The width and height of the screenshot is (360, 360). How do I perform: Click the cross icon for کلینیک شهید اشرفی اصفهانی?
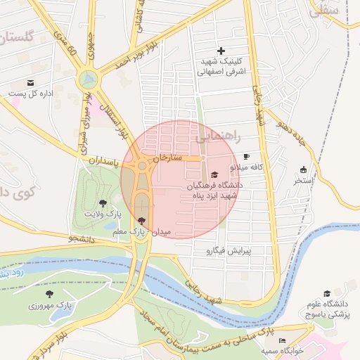click(221, 51)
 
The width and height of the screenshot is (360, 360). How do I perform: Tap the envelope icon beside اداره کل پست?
click(13, 92)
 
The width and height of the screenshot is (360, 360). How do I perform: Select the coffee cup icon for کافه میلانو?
click(246, 156)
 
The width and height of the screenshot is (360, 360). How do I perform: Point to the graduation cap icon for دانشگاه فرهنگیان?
click(214, 174)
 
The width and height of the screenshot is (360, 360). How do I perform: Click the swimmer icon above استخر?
click(303, 169)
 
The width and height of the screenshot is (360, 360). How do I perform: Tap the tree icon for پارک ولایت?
click(103, 202)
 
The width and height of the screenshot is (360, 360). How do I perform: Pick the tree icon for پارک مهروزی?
click(49, 294)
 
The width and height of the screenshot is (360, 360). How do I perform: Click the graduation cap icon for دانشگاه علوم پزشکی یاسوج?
click(327, 293)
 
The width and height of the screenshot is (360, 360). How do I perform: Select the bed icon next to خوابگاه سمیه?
click(283, 341)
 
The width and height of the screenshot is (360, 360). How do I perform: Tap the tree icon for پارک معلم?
click(142, 221)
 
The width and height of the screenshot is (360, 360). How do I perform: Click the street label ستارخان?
click(167, 156)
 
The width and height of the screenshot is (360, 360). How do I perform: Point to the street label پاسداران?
click(105, 161)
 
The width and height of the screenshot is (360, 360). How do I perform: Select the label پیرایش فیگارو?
click(238, 250)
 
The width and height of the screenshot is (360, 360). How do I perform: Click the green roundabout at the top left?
click(87, 78)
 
